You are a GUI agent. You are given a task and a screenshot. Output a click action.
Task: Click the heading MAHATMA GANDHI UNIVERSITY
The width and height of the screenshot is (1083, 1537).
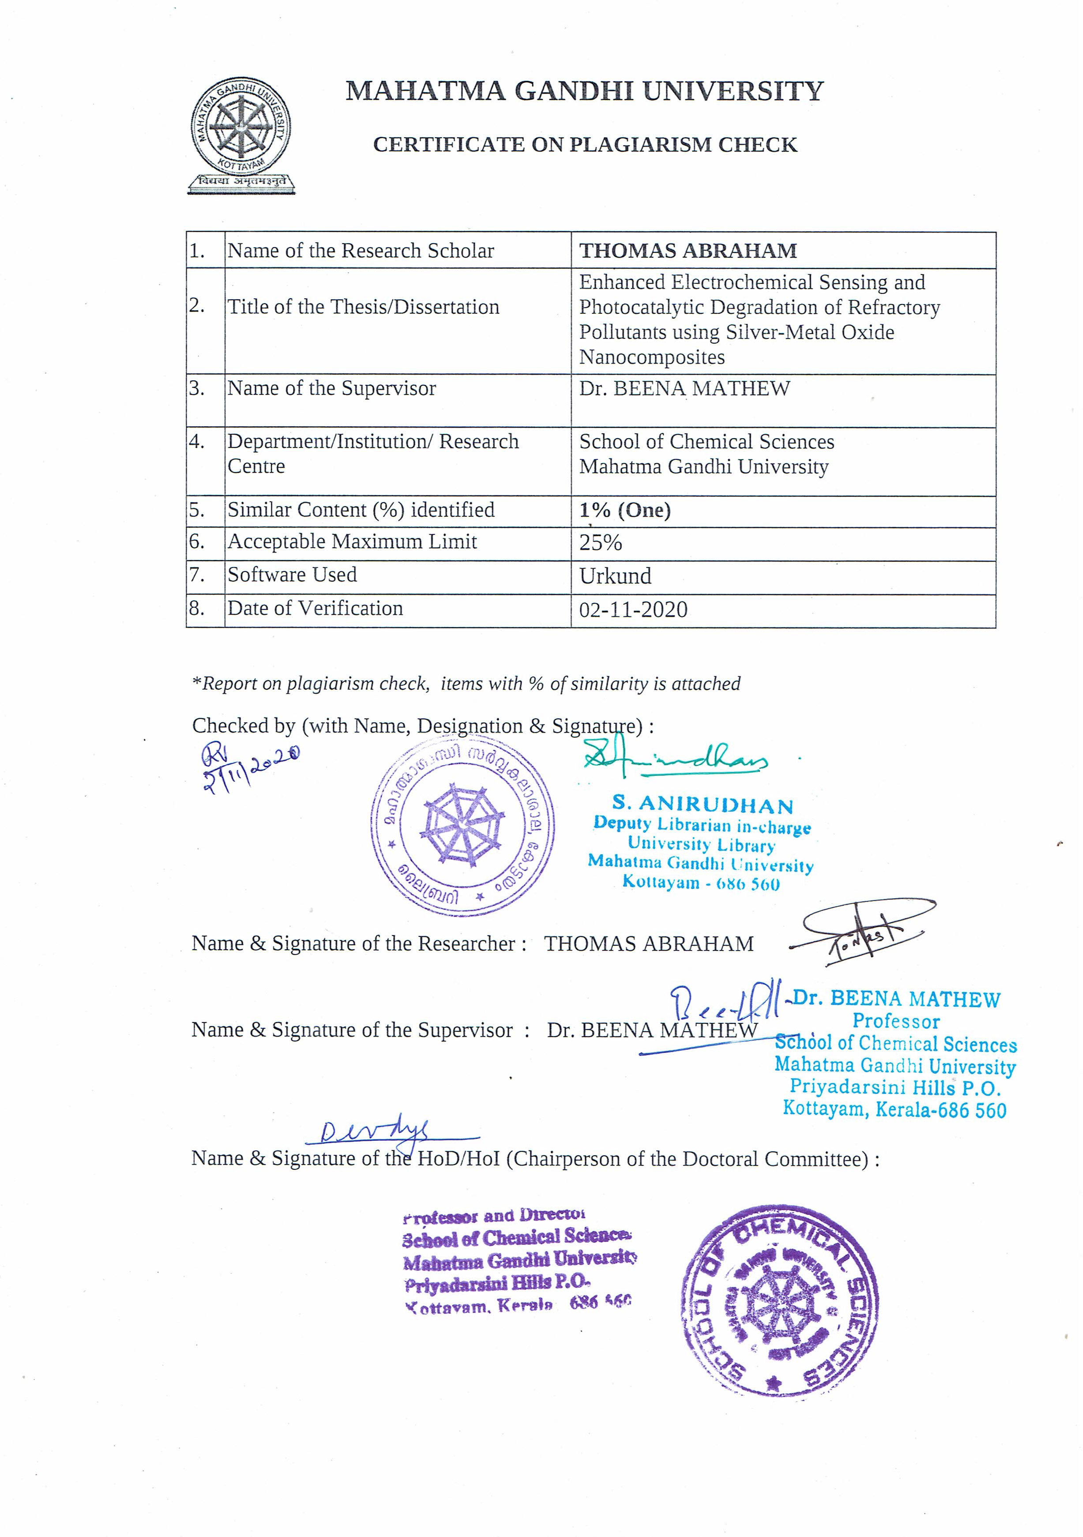click(584, 91)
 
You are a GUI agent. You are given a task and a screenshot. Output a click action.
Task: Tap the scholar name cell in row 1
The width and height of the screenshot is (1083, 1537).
click(688, 251)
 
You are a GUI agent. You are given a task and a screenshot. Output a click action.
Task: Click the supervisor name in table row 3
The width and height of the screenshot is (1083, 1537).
click(684, 389)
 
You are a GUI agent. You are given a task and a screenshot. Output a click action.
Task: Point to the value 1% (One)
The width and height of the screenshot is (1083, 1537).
click(624, 511)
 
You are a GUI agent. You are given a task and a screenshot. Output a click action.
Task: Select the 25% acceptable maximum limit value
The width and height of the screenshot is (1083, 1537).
click(600, 542)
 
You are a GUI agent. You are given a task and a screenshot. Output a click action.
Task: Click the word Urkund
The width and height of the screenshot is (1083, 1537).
click(615, 576)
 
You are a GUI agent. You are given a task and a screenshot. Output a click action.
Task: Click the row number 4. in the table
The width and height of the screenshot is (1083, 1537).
click(197, 442)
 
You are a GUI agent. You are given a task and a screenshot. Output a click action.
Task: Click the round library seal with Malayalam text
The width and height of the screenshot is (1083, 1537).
click(463, 825)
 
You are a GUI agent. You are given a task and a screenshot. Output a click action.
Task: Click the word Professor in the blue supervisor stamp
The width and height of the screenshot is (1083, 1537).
click(895, 1022)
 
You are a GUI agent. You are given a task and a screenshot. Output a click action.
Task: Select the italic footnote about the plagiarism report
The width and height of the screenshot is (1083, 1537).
click(466, 684)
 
